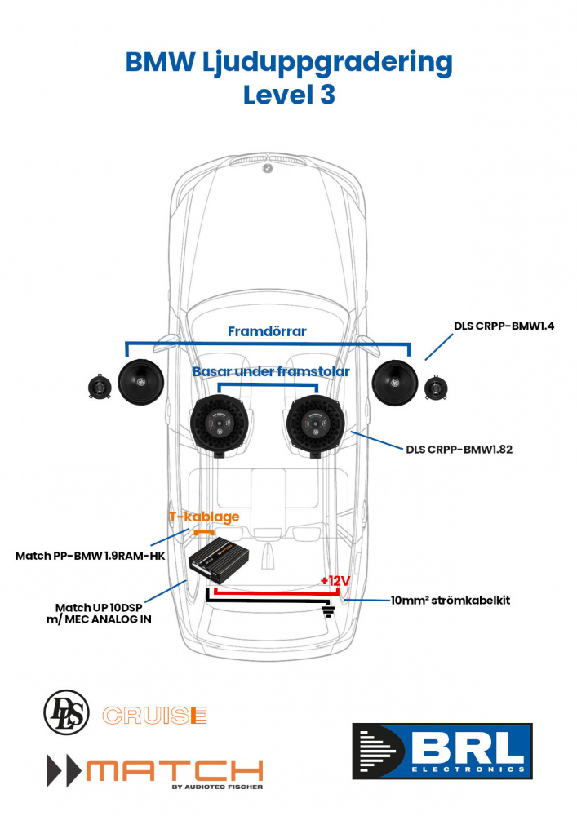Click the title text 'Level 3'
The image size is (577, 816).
[289, 95]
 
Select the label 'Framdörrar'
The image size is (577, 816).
[267, 332]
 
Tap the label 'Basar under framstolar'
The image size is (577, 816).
[271, 371]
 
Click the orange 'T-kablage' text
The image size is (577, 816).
[204, 517]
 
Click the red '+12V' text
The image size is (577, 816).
[335, 580]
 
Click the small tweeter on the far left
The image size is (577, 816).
[100, 387]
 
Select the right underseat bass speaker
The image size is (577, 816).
[314, 422]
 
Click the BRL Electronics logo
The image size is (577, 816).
[443, 750]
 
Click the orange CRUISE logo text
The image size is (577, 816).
[154, 716]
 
